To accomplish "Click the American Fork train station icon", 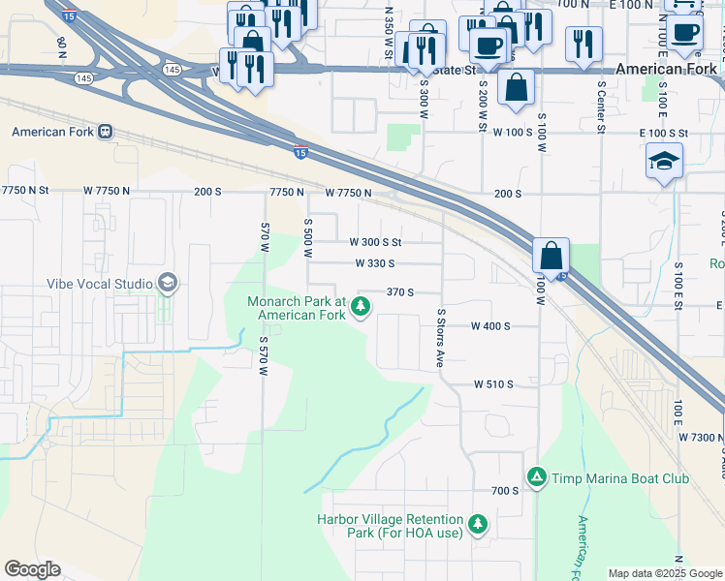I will (105, 132).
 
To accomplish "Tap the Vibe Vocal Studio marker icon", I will (168, 284).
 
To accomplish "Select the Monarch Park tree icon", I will (361, 308).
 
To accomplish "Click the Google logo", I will (32, 569).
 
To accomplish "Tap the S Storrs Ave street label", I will (440, 338).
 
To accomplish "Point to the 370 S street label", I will (400, 292).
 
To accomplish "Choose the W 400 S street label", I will (490, 326).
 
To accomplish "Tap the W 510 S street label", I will (493, 384).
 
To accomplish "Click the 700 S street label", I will (505, 491).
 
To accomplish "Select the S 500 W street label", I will (307, 237).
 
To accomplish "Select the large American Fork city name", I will (666, 69).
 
